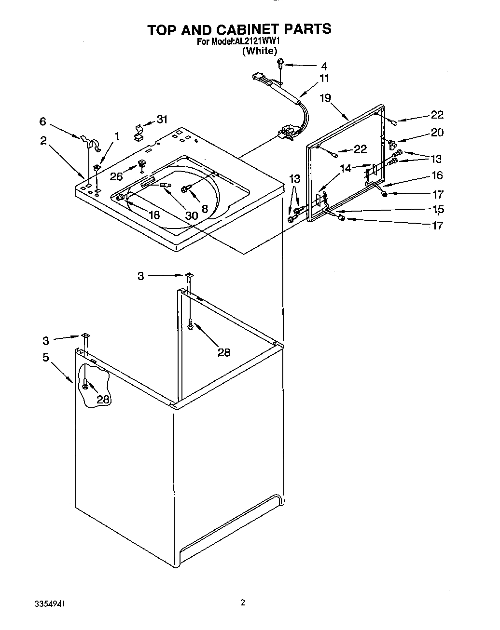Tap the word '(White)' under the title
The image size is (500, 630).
tap(260, 51)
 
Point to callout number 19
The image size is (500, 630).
tap(325, 98)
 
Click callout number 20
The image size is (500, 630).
tap(437, 132)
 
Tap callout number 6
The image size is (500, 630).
tap(43, 122)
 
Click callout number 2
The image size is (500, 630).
tap(43, 140)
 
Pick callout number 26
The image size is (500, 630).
tap(116, 176)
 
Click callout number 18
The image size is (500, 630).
tap(154, 215)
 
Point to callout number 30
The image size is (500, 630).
tap(192, 215)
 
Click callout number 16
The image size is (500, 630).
tap(437, 175)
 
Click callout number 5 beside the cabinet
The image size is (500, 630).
tap(45, 358)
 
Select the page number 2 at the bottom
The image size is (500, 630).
tap(243, 603)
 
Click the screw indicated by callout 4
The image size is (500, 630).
tap(280, 63)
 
